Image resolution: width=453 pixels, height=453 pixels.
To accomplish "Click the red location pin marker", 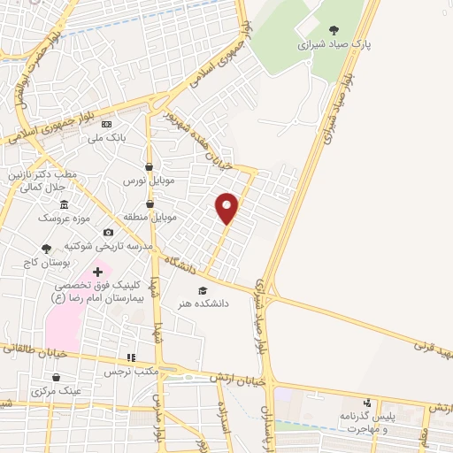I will point(227,207).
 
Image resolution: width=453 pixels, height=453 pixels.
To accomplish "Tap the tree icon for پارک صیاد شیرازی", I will point(334,29).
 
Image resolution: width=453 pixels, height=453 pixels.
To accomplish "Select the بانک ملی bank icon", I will point(107,125).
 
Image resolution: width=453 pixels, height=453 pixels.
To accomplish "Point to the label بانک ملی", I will point(111,138).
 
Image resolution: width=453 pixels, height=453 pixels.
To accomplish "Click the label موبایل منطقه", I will point(153,216).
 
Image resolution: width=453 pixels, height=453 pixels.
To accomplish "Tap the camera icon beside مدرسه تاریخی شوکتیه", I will point(108,232).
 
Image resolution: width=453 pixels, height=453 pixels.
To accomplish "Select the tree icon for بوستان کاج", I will point(47,249).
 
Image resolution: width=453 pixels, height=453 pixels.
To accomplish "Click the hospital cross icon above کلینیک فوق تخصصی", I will point(96,270).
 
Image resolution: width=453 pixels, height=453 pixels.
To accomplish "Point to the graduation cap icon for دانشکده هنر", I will point(202,290).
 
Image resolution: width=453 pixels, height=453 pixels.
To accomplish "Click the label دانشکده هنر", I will point(204,303).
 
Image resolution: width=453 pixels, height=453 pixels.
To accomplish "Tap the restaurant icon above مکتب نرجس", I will point(131,358).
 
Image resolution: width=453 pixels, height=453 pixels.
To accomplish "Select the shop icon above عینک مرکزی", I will point(56,378).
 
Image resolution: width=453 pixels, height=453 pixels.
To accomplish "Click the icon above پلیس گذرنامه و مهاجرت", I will point(367,403).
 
